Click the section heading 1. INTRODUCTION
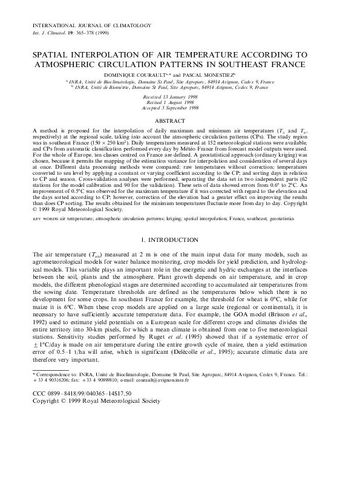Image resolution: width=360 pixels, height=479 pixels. tap(179, 256)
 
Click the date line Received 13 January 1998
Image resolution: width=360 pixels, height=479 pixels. tap(179, 96)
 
